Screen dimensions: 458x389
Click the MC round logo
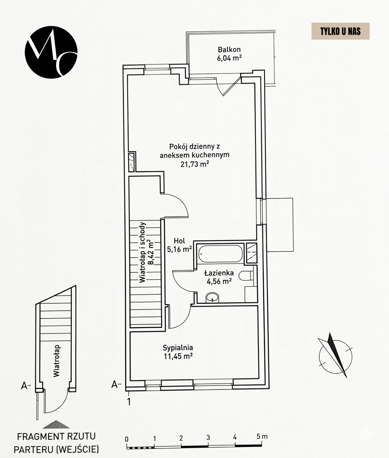pos(51,51)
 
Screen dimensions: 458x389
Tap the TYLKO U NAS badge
pos(340,31)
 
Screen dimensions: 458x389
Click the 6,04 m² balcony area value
pos(229,58)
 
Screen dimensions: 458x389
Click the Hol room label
pos(180,241)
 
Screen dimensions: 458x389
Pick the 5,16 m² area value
pos(180,249)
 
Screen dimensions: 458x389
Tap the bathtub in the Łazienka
pos(220,253)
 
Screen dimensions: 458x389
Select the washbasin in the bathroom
pos(213,297)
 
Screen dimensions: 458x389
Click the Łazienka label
pos(219,273)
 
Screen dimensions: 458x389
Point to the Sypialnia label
pos(178,347)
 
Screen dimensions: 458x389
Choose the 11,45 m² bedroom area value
pos(178,356)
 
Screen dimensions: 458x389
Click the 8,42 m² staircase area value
pos(150,252)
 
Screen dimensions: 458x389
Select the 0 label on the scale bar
pos(127,439)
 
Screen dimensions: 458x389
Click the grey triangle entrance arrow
pos(56,424)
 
